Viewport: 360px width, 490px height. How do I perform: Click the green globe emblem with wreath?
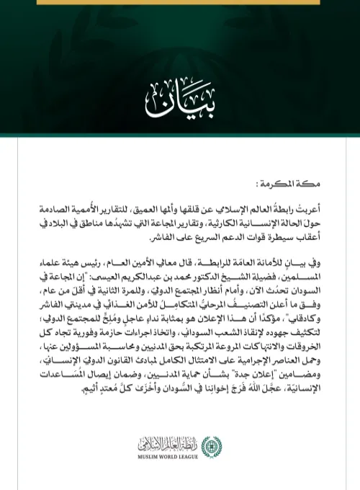(207, 445)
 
